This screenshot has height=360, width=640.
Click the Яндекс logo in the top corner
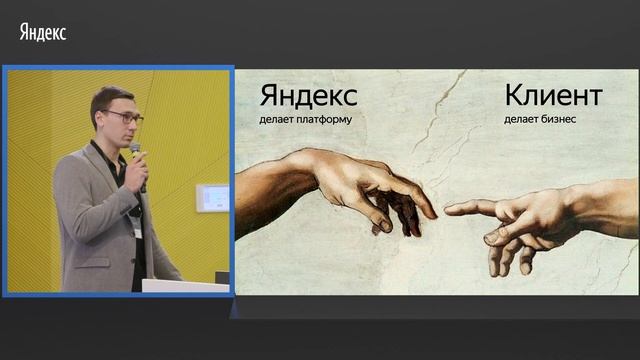coord(42,32)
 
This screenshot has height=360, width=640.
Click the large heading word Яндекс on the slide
coord(308,96)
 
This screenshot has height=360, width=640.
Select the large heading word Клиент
coord(553,96)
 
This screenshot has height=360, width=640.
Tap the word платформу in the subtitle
coord(326,120)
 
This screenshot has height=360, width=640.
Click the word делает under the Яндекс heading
coord(277,120)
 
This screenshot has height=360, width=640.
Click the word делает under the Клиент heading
coord(521,120)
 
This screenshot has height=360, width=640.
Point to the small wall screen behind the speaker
coord(212,197)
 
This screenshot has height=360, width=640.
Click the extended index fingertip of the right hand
coord(449,209)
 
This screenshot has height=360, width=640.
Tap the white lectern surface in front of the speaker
coord(185,285)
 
